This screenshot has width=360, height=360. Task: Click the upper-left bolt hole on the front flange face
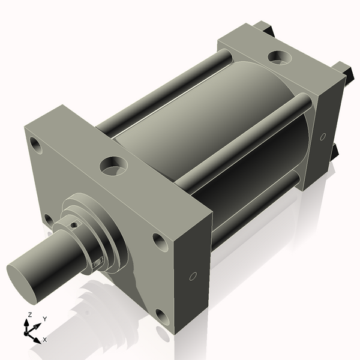pos(37,145)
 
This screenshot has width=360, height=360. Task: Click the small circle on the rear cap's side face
pos(323,137)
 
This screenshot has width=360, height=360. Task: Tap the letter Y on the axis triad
pos(44,319)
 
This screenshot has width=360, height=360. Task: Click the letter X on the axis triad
pos(44,340)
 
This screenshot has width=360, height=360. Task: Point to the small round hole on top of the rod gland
pos(73,225)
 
